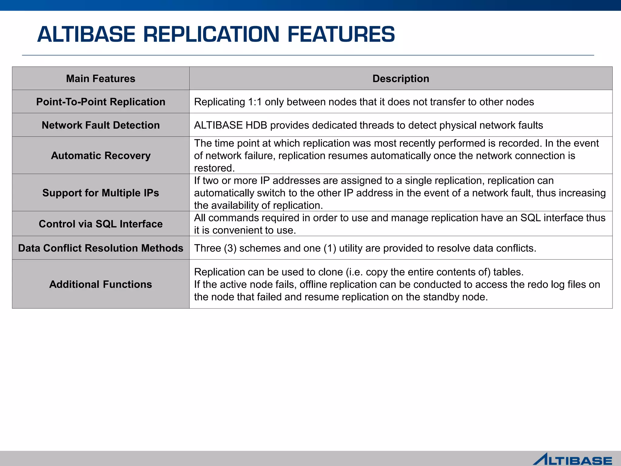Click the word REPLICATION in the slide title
coord(211,34)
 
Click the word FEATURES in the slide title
coord(341,34)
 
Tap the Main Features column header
coord(101,79)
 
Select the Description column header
coord(401,79)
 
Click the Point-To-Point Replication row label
coord(101,102)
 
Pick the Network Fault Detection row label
coord(101,125)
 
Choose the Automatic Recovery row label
coord(101,155)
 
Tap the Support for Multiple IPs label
coord(101,193)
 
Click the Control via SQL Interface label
coord(101,224)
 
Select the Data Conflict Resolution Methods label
coord(101,248)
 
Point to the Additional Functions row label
coord(101,284)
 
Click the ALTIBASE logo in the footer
coord(572,459)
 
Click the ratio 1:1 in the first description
coord(255,102)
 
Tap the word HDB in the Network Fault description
coord(256,125)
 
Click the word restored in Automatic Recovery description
coord(214,168)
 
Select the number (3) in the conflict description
coord(230,248)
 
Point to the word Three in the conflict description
coord(207,248)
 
